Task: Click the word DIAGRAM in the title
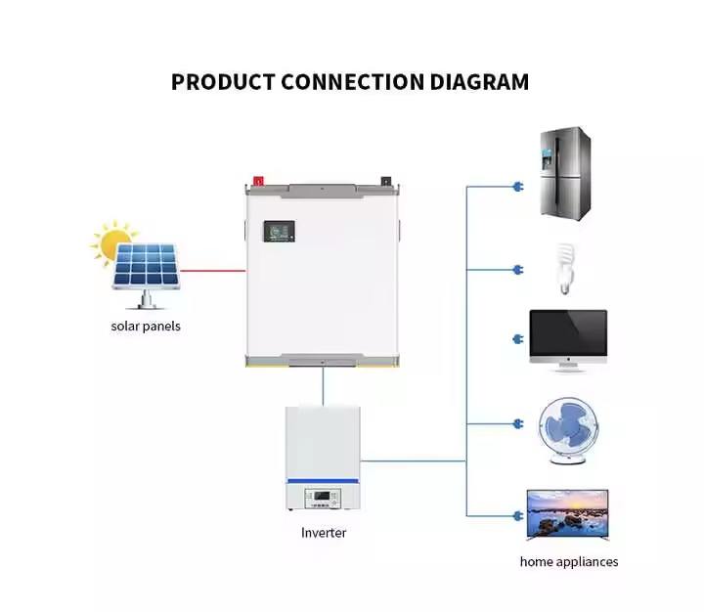pyautogui.click(x=479, y=81)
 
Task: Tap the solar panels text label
pyautogui.click(x=146, y=326)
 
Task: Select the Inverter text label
pyautogui.click(x=324, y=533)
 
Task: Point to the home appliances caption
pyautogui.click(x=569, y=561)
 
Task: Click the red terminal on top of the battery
pyautogui.click(x=259, y=180)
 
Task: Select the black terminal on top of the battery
pyautogui.click(x=387, y=181)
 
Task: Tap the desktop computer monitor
pyautogui.click(x=568, y=338)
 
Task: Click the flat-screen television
pyautogui.click(x=568, y=513)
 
